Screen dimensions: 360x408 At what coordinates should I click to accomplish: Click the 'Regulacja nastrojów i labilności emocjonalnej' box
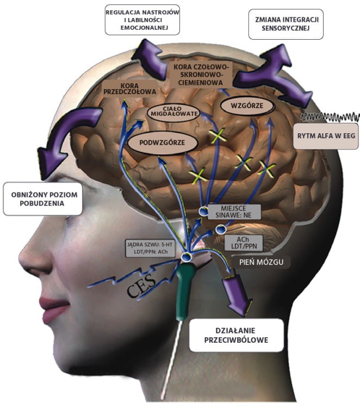142,20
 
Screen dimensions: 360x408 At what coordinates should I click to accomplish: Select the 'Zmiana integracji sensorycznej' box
286,24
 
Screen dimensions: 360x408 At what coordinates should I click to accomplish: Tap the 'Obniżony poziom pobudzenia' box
43,199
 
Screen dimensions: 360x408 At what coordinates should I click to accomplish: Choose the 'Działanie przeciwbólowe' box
236,335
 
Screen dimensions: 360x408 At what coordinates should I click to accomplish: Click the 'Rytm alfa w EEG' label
326,136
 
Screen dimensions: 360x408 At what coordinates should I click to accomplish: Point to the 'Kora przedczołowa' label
130,89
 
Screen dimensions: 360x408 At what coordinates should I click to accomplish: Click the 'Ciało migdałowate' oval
174,111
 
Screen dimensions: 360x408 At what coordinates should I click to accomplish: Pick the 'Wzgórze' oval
247,106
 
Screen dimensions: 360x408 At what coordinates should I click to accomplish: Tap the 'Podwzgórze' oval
163,143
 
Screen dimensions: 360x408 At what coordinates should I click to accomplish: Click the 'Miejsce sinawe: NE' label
234,212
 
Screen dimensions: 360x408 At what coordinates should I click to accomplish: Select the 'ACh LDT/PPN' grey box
243,243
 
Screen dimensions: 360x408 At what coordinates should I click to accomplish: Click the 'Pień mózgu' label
262,262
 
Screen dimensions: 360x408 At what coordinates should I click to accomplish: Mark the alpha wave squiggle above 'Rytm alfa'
330,117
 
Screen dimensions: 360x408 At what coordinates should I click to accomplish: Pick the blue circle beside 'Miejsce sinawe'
203,211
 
